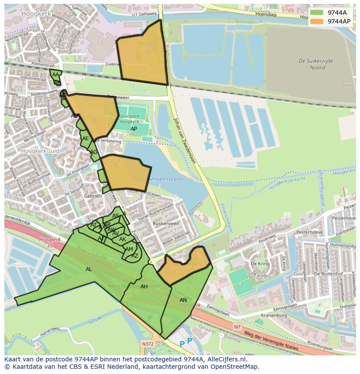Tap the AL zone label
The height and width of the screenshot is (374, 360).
(89, 269)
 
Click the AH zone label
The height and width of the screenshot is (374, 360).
(144, 287)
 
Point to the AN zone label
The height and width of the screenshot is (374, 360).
(183, 300)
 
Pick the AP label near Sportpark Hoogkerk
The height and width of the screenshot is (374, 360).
(133, 129)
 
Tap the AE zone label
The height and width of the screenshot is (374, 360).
(86, 139)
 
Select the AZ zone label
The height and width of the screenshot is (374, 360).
(135, 256)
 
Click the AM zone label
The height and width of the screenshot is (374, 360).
(129, 249)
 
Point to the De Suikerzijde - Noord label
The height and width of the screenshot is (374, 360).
(316, 64)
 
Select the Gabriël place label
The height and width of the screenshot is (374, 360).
(92, 196)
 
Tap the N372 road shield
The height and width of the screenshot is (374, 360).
(147, 343)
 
